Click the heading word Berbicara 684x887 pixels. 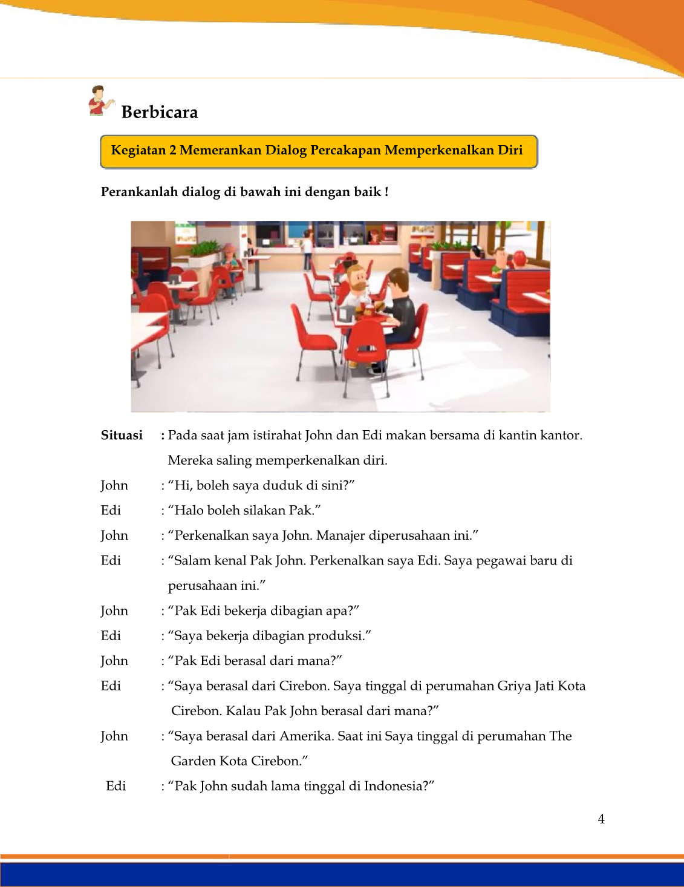pyautogui.click(x=160, y=112)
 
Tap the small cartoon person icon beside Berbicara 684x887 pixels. pyautogui.click(x=99, y=100)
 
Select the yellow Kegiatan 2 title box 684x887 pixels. pyautogui.click(x=318, y=151)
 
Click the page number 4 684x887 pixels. pyautogui.click(x=601, y=819)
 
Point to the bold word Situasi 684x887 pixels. pyautogui.click(x=122, y=435)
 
